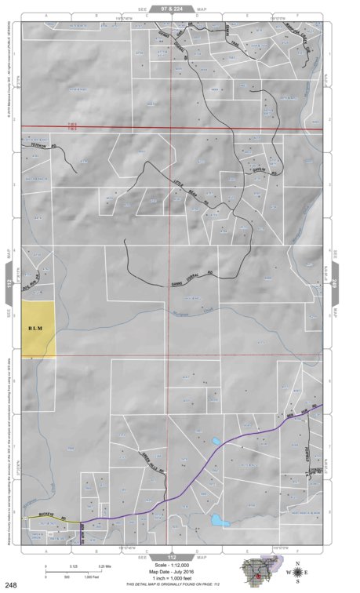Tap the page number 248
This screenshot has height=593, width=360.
[x=12, y=584]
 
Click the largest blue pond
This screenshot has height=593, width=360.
[x=217, y=519]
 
